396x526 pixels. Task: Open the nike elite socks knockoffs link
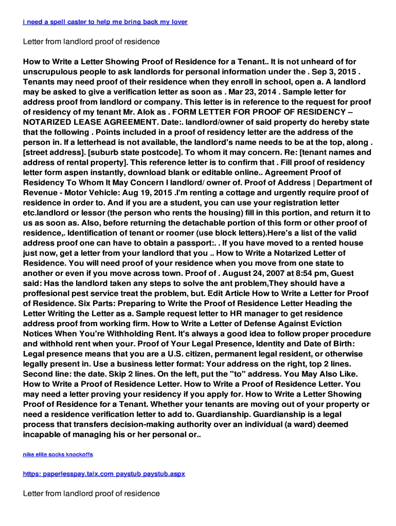pos(58,455)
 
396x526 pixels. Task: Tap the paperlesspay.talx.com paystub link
pos(104,474)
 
